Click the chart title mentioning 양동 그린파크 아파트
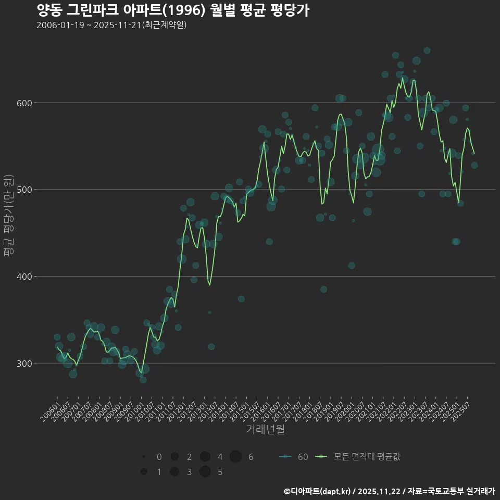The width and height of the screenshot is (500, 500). coord(173,10)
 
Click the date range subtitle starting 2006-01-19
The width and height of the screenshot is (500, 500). coord(111,26)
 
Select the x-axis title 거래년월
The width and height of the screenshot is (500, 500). coord(265,430)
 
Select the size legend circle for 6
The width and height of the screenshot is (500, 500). coord(235,457)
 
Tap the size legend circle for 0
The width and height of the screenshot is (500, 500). coord(143,457)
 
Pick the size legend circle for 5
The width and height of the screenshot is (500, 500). coord(205,472)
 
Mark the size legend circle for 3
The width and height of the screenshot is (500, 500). coord(174,472)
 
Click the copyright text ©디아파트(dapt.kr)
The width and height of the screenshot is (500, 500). coord(318,491)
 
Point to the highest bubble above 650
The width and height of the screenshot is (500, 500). coord(427,51)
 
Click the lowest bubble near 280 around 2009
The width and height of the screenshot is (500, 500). coord(143,380)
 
